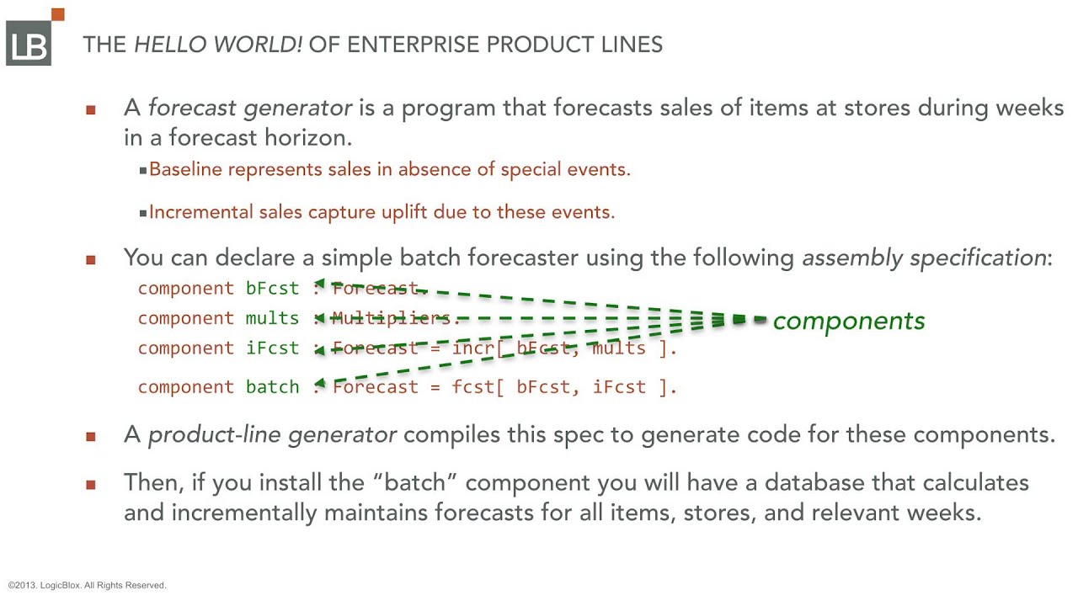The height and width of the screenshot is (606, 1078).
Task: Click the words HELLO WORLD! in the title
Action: (218, 45)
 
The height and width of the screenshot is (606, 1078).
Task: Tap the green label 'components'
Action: (849, 321)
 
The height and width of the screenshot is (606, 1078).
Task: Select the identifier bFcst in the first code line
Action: (272, 289)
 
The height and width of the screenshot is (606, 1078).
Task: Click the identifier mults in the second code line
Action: (272, 318)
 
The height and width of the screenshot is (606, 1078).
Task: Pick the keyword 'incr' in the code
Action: (473, 348)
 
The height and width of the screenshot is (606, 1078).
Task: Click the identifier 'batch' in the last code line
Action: (272, 387)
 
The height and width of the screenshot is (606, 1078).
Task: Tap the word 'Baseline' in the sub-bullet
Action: (185, 169)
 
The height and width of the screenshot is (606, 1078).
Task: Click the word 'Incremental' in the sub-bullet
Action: (200, 212)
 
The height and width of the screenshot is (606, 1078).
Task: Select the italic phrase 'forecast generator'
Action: (250, 108)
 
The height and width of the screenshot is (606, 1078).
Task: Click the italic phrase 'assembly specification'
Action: (923, 258)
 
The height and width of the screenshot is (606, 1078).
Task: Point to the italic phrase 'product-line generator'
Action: (272, 434)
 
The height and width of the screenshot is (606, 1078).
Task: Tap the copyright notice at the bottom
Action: (88, 585)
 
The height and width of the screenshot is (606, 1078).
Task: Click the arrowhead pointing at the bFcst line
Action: (321, 284)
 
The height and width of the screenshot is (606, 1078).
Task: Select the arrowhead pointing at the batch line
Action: (321, 384)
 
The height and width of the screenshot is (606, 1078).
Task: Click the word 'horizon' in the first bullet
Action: (302, 138)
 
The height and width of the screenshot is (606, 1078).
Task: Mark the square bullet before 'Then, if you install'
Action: (91, 485)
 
